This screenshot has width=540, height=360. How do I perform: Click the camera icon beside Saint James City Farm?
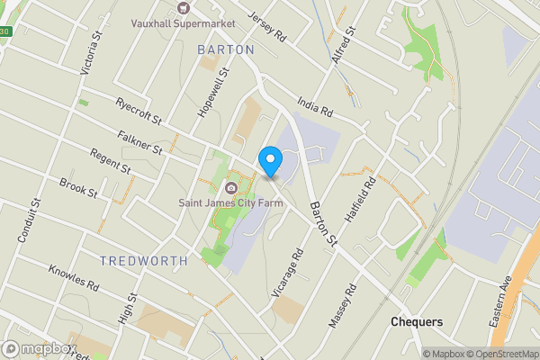point(229,188)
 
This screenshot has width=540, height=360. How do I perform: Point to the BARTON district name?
point(226,50)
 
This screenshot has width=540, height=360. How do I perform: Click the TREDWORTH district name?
point(144,261)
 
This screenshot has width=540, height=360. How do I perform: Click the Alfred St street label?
point(344,45)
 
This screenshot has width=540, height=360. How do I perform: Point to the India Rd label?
point(315,111)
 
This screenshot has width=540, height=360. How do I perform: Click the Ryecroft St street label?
point(138,112)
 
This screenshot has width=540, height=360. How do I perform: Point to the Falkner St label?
point(139,140)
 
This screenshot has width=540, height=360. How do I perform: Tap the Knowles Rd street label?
point(73,276)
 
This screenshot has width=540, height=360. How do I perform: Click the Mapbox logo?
point(37,348)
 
